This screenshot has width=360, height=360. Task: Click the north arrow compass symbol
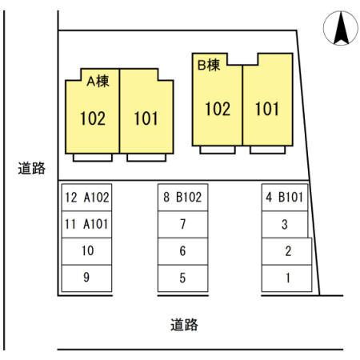point(341,28)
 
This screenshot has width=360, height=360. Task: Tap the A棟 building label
point(98,81)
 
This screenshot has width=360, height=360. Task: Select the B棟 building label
point(209,65)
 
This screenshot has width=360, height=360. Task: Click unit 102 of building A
point(93,118)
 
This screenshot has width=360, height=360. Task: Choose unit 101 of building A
point(146,118)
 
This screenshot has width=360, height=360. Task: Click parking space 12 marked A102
point(86,198)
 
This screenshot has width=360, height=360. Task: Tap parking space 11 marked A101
point(86,224)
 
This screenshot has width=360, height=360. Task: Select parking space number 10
point(86,251)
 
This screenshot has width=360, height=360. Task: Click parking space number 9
point(86,278)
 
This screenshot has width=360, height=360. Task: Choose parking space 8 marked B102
point(183,198)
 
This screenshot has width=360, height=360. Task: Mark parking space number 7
point(183,224)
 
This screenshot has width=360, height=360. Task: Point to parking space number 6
point(183,251)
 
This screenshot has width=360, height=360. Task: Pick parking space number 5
point(183,278)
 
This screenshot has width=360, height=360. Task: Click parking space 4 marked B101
point(285,198)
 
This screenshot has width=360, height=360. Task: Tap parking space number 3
point(285,224)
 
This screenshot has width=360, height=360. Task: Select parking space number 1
point(287,278)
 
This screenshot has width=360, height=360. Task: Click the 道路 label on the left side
point(31,168)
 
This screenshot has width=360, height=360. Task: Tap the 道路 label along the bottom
point(184,325)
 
